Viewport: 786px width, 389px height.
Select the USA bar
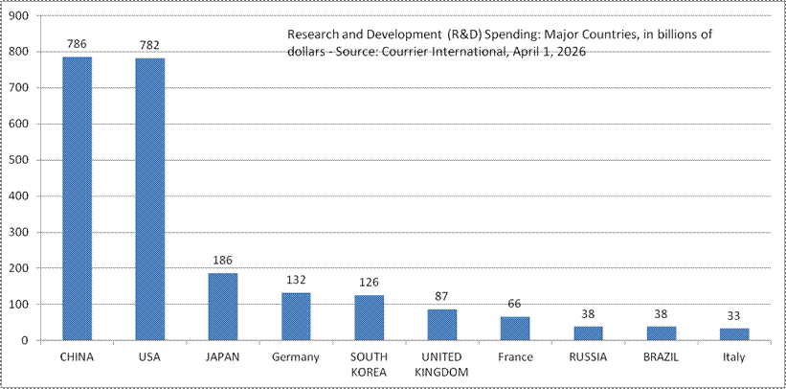point(150,199)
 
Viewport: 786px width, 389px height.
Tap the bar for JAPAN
point(223,307)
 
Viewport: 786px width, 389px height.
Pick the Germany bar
point(296,316)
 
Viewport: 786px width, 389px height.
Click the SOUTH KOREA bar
point(370,317)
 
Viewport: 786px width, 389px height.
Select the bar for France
point(515,328)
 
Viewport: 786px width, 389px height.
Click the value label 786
point(78,44)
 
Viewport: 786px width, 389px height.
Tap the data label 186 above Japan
point(223,261)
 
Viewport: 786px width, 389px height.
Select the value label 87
point(442,297)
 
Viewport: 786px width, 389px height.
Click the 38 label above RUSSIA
point(589,314)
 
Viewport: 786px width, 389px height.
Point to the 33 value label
point(734,316)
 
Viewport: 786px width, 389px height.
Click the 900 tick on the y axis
point(20,16)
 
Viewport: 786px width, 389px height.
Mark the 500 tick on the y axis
point(20,160)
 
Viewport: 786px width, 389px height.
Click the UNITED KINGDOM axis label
point(442,364)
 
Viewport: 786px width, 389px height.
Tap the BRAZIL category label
point(662,357)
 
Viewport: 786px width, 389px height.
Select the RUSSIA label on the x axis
point(589,357)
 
